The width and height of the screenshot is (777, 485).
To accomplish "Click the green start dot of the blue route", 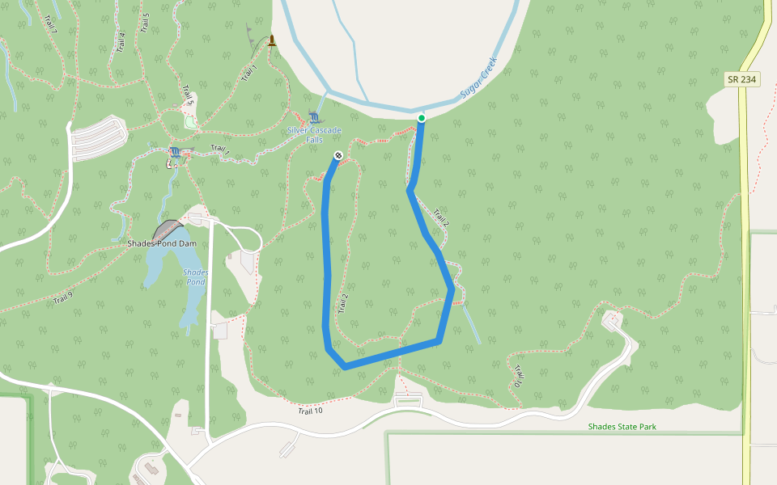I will click(421, 118).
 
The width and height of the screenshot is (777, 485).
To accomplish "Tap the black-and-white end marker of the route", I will click(338, 155).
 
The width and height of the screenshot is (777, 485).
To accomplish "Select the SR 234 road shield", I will click(742, 79).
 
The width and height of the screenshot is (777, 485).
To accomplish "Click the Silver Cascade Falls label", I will click(314, 135).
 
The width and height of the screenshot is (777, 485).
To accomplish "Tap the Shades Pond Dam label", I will click(162, 243).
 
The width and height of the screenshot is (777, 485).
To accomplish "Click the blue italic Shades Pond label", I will click(195, 277).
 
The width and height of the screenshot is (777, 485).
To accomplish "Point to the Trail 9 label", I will click(63, 299).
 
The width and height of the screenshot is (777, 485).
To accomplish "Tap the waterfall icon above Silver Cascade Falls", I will click(314, 118).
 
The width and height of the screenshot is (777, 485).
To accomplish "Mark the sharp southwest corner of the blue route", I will click(344, 367).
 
